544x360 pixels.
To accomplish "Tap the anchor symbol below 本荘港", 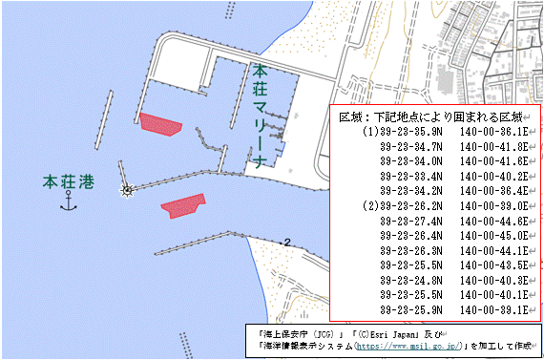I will tap(68, 201).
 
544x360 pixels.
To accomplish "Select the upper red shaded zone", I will tap(160, 124).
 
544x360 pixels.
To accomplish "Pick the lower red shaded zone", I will tap(183, 206).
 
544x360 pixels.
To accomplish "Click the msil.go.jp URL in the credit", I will tap(394, 346).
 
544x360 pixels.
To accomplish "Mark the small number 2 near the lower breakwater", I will tap(286, 242).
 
